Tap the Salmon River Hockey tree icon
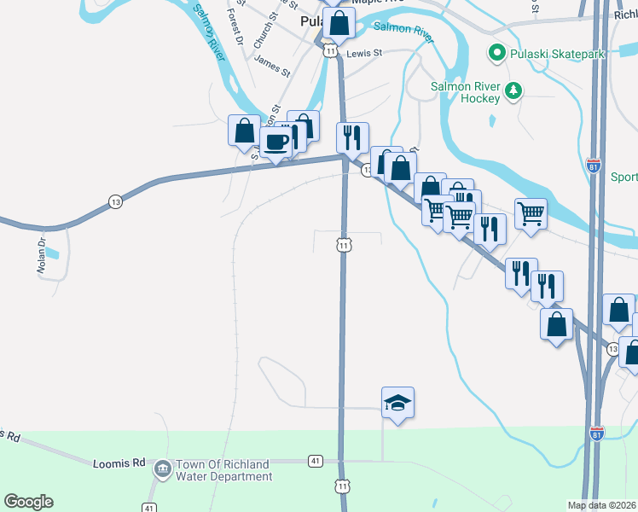(513, 90)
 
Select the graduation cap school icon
(397, 403)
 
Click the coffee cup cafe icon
(275, 143)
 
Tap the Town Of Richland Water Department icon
(162, 469)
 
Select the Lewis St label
(364, 53)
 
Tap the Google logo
(28, 502)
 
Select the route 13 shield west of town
(115, 201)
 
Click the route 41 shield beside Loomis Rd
(316, 461)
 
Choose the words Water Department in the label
(223, 476)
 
